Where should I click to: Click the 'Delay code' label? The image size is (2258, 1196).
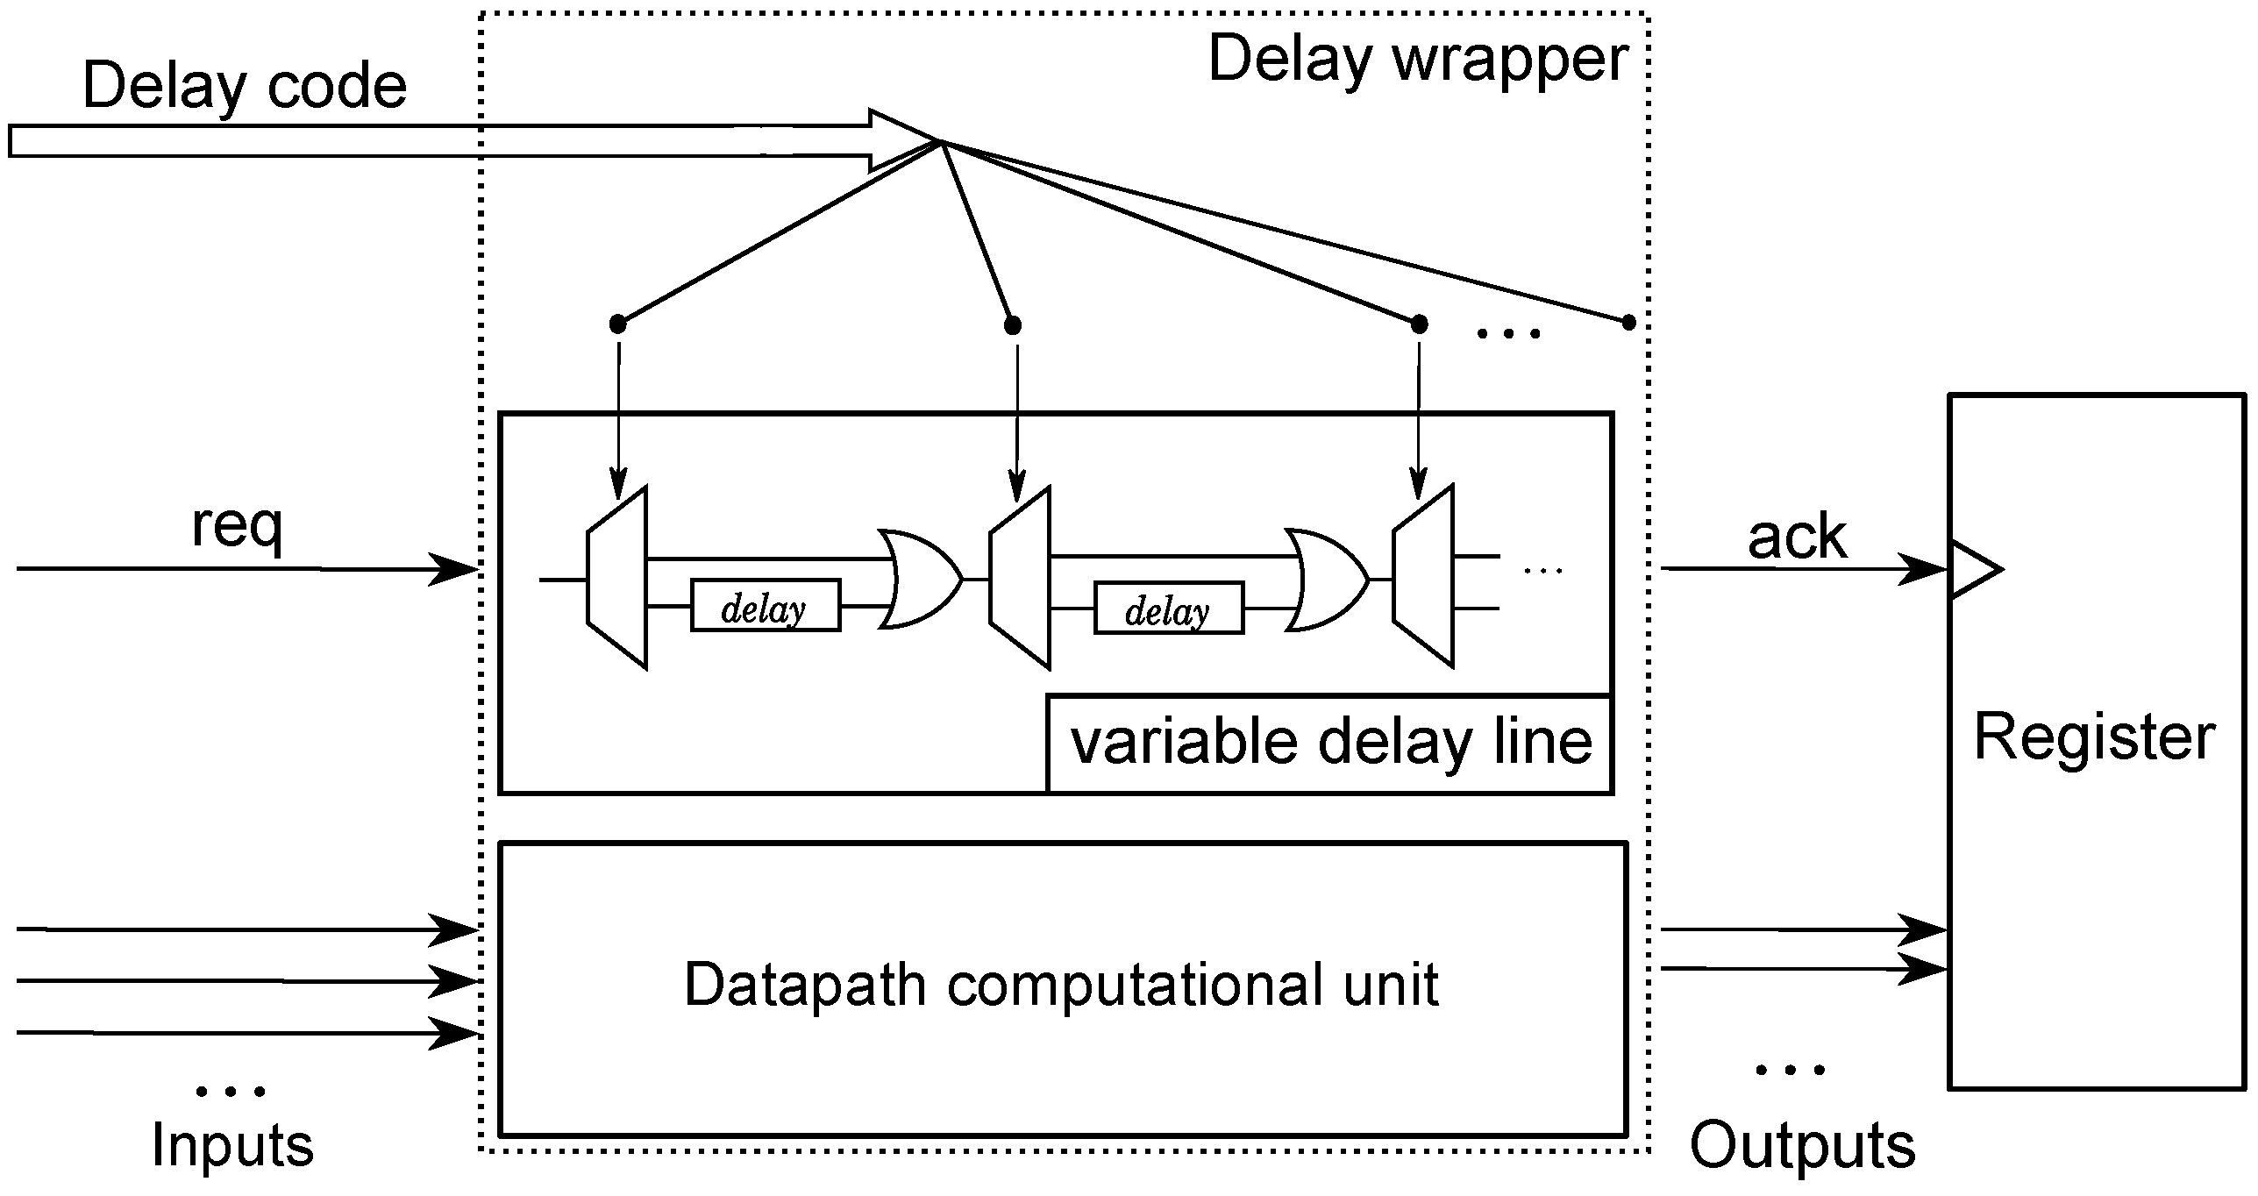pos(245,87)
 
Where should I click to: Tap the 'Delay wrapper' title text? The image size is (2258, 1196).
pos(1418,60)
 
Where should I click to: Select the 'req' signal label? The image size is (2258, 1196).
pos(237,527)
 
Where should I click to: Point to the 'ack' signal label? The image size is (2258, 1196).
pos(1797,537)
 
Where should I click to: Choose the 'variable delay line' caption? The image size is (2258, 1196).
pos(1330,744)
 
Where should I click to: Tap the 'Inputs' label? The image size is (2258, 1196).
pos(232,1145)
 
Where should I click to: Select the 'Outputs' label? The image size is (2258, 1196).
pos(1802,1145)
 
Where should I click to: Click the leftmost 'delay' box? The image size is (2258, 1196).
pos(766,605)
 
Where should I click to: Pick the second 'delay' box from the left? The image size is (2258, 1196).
pos(1169,607)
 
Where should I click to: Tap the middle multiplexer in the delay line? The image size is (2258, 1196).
pos(1020,579)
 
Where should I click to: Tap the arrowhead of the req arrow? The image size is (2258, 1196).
pos(454,569)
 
